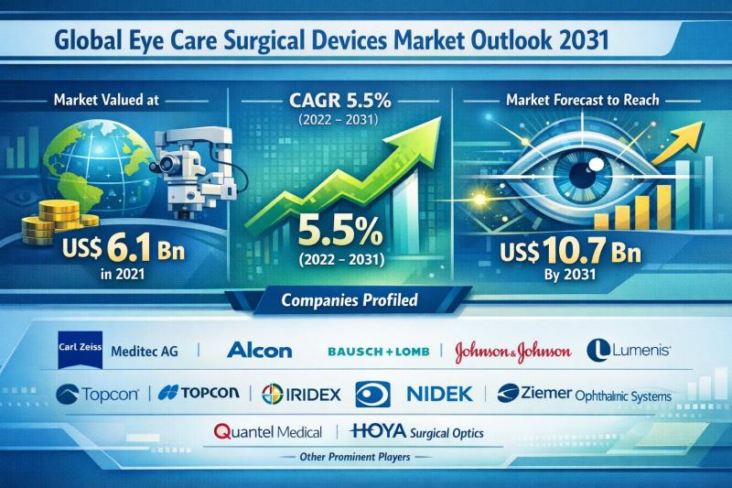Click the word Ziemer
pos(547,394)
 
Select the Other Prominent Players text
pos(365,456)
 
